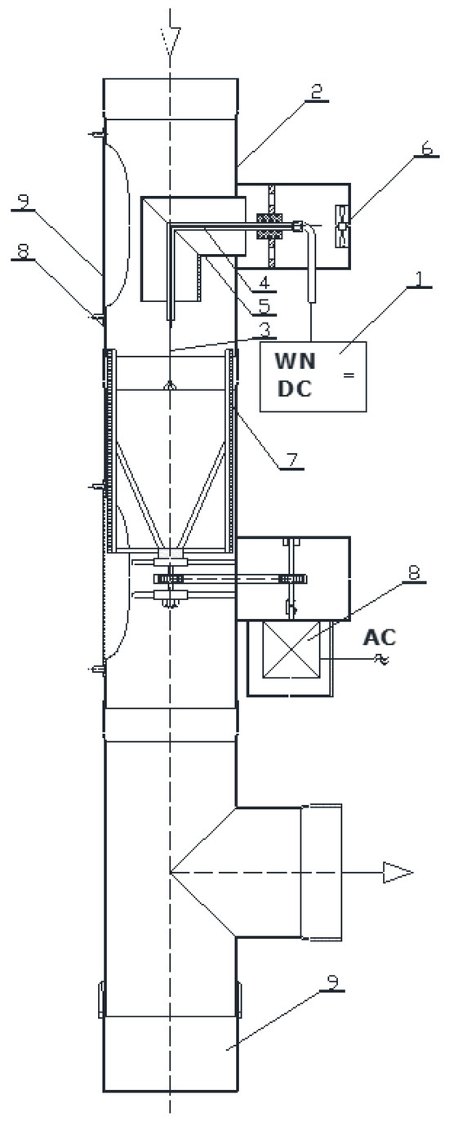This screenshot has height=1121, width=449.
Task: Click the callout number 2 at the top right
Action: click(318, 92)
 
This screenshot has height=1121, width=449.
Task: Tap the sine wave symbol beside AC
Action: click(380, 659)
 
